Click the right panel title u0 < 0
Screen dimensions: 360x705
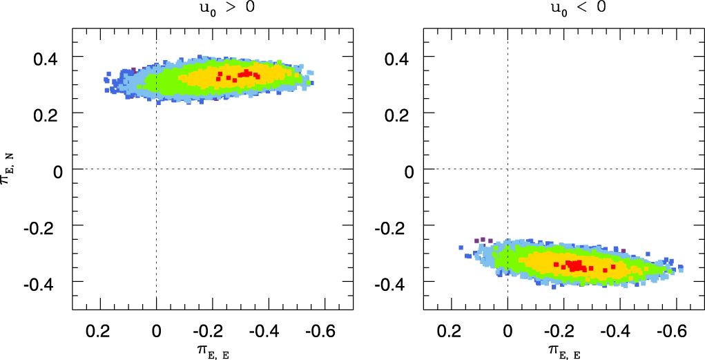[563, 10]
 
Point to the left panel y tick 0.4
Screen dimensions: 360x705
[48, 57]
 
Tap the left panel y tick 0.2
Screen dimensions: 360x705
[48, 113]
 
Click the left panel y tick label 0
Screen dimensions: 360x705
[59, 169]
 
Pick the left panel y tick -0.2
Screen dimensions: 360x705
[46, 226]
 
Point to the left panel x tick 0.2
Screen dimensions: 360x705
[101, 331]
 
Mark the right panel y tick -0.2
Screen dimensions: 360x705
[397, 226]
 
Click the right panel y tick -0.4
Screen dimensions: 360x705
[397, 283]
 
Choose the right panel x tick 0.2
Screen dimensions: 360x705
[452, 331]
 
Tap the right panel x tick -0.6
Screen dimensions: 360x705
[673, 331]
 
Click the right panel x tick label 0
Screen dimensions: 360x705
[508, 331]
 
